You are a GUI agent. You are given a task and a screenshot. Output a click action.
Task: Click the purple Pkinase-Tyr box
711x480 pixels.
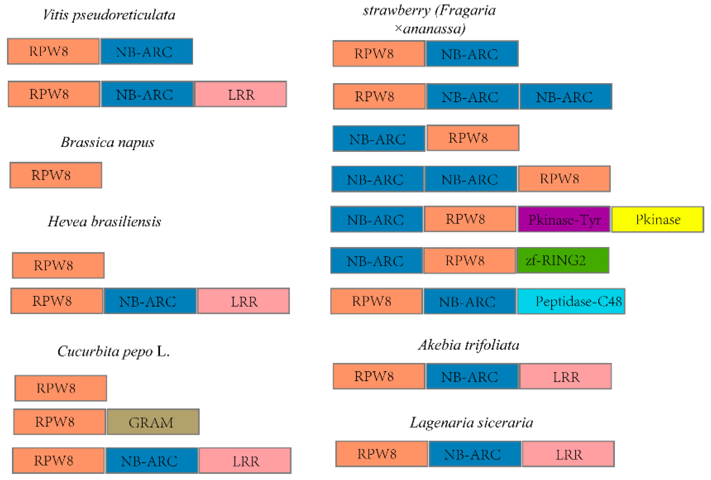tap(564, 219)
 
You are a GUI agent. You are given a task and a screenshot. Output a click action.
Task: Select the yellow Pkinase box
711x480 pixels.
tap(657, 219)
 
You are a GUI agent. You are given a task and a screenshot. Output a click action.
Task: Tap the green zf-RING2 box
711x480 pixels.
tap(562, 260)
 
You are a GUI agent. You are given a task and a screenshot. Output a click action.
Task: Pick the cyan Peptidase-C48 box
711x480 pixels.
tap(571, 301)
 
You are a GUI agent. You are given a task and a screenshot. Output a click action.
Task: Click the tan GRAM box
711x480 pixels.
tap(153, 422)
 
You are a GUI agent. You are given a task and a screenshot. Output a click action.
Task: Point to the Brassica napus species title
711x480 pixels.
tap(107, 142)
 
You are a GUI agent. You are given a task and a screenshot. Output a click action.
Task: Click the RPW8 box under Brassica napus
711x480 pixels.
tap(56, 175)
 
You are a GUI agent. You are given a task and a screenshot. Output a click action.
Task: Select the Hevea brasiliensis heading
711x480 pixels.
tap(104, 221)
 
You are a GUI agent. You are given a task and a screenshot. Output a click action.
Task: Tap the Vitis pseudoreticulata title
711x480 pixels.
tap(109, 15)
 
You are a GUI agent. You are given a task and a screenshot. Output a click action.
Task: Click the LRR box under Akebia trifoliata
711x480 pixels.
tap(566, 376)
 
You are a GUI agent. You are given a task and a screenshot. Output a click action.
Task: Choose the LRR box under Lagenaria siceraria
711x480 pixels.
tap(568, 454)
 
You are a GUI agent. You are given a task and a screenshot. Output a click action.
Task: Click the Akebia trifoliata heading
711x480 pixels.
tap(469, 345)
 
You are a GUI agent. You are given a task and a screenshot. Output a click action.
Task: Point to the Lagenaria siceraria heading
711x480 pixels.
tap(471, 423)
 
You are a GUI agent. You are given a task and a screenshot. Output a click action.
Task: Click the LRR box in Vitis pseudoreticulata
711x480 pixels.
tap(240, 94)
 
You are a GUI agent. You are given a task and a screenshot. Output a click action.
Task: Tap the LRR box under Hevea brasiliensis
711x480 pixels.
tap(243, 301)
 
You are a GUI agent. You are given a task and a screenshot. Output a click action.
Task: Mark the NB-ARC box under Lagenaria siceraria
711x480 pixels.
tap(475, 454)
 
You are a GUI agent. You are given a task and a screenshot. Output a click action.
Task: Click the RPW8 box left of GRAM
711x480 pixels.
tap(60, 422)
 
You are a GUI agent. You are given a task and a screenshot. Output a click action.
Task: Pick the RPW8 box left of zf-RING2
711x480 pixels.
tap(469, 260)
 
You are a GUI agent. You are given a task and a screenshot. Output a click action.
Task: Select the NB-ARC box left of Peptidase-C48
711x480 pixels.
tap(470, 301)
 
